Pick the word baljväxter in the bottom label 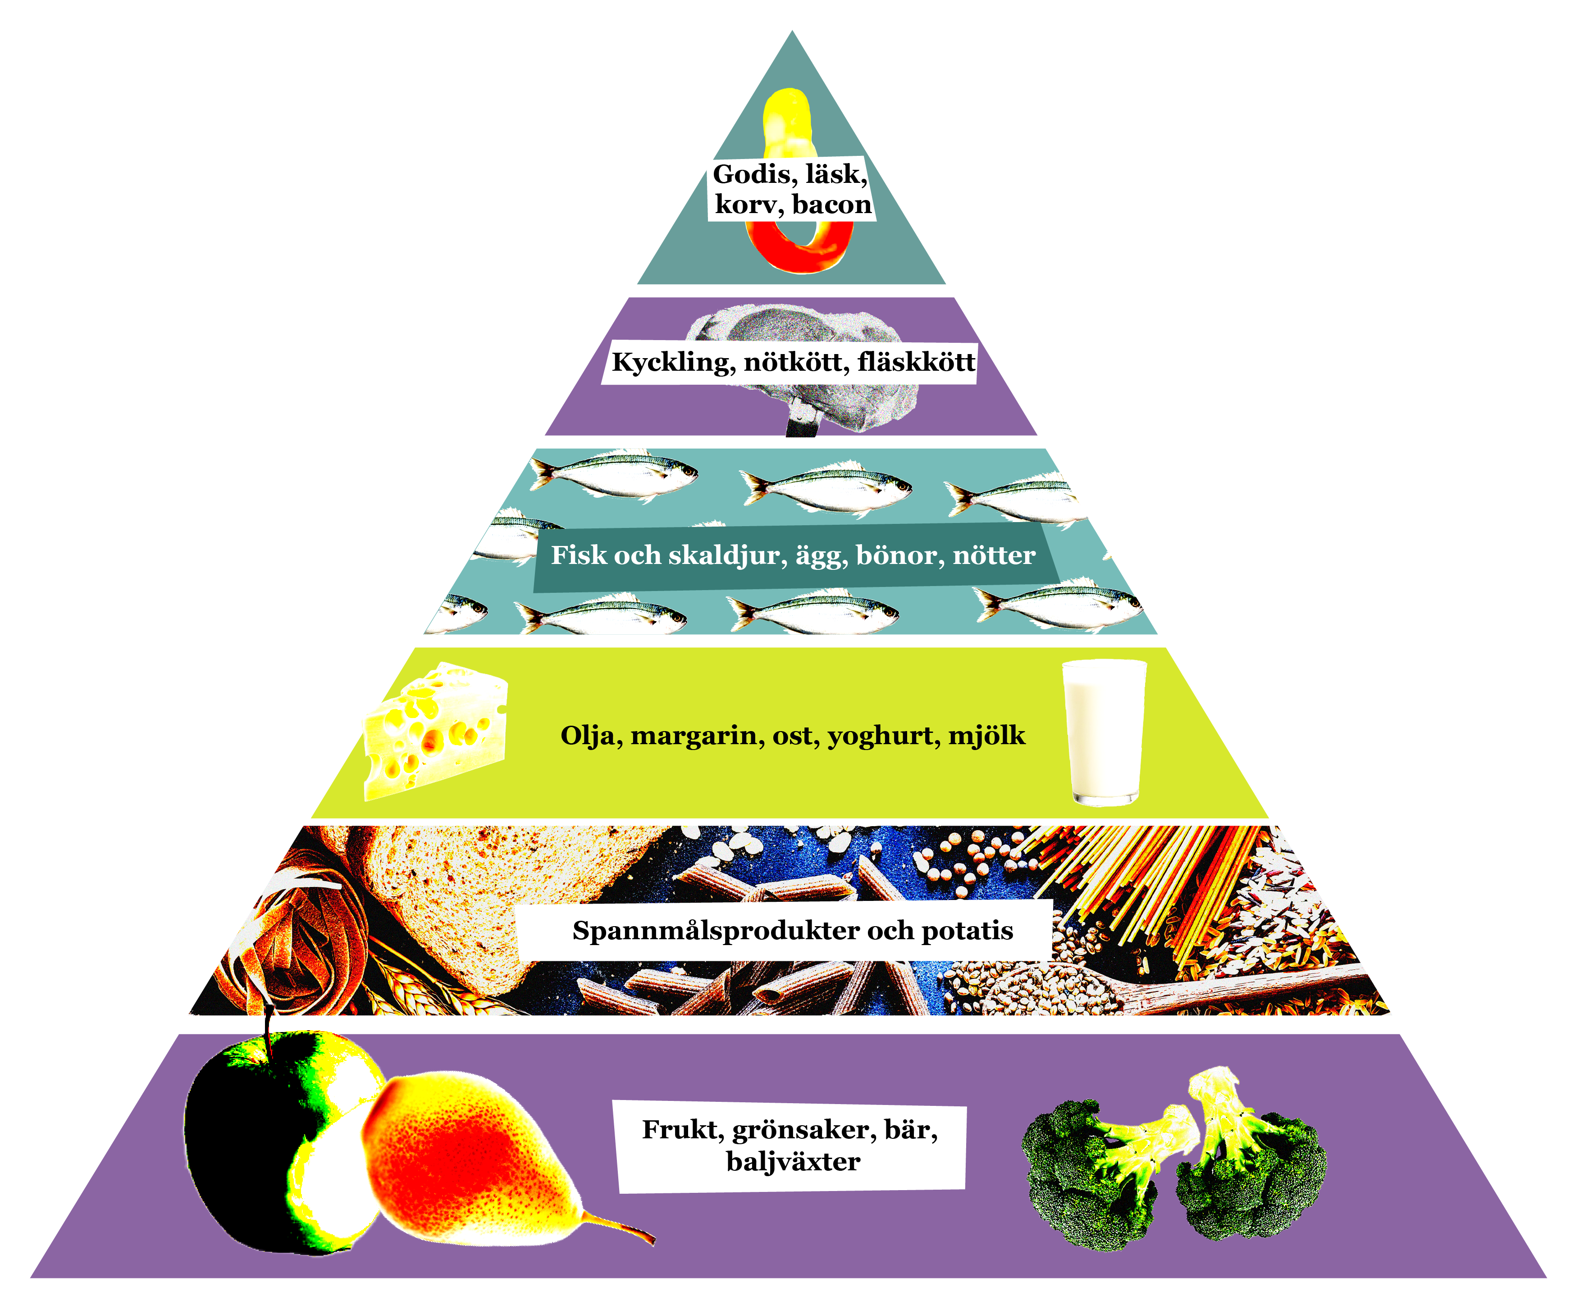click(793, 1162)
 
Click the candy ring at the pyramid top click(800, 247)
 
